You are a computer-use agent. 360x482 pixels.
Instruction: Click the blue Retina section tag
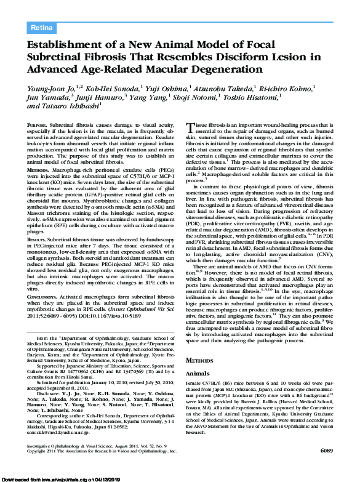click(42, 28)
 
